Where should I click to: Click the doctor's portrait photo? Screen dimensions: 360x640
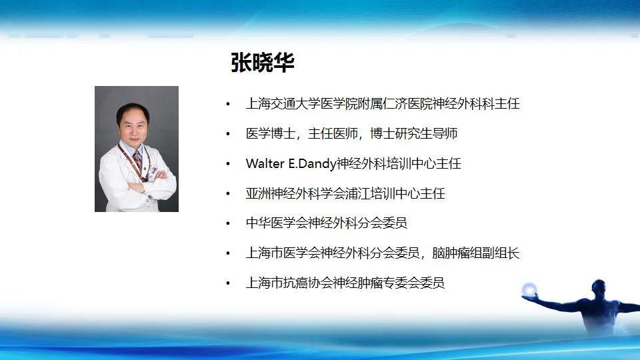(x=136, y=149)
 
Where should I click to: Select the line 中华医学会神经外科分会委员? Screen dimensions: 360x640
(x=326, y=223)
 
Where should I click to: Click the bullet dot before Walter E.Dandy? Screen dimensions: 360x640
(x=229, y=164)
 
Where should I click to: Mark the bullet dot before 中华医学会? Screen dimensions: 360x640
(x=229, y=224)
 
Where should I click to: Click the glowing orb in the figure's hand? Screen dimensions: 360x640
(x=530, y=289)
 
